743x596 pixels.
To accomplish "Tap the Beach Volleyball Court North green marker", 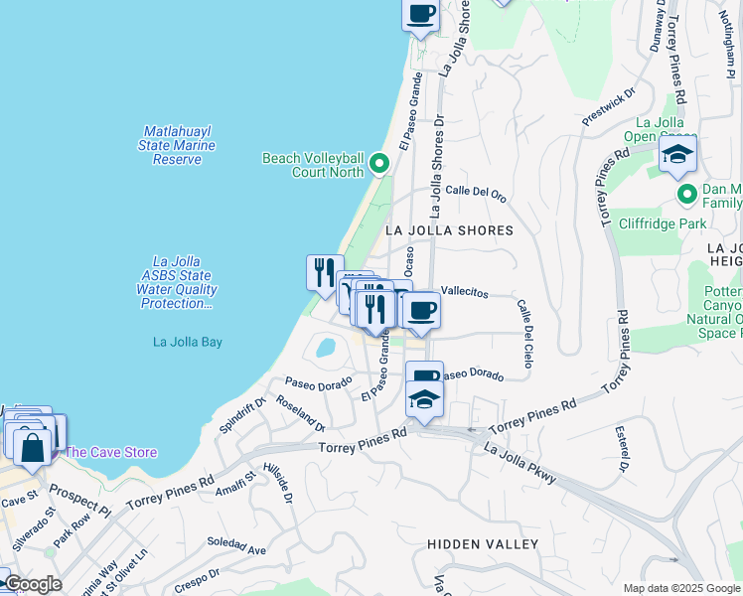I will click(x=378, y=164).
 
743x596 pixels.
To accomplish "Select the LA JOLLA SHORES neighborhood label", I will click(x=449, y=230).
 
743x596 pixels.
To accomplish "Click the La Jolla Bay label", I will click(x=188, y=342).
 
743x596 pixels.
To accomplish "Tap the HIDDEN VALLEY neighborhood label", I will click(x=483, y=544).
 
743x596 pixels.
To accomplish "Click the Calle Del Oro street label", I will click(x=476, y=192).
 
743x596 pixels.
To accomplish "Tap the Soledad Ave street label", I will click(x=236, y=545).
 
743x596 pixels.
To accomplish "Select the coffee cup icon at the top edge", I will click(x=421, y=15).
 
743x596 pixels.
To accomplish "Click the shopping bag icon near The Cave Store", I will click(x=33, y=447).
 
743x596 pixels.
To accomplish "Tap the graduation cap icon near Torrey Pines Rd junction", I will click(x=424, y=400).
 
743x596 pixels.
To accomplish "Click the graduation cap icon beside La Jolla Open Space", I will click(x=677, y=154).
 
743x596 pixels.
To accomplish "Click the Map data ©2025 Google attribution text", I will click(x=680, y=588).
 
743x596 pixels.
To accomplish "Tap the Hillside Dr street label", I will click(x=279, y=484).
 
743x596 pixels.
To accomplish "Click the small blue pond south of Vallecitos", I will click(x=325, y=348).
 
